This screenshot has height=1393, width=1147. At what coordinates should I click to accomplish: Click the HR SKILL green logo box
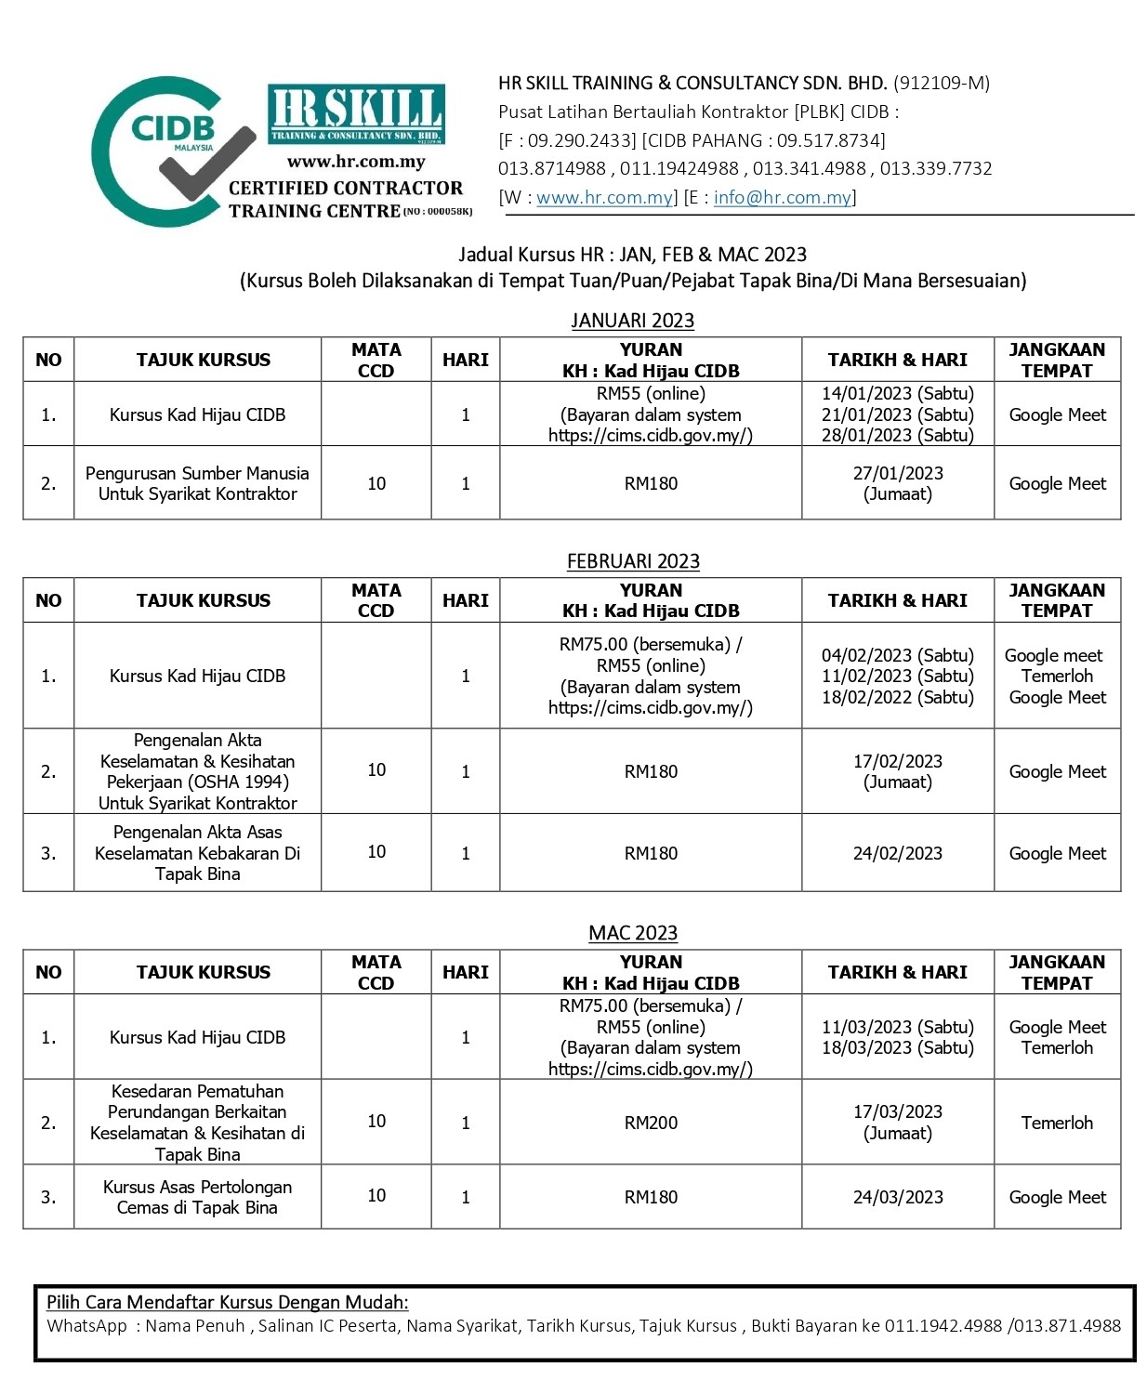click(x=356, y=113)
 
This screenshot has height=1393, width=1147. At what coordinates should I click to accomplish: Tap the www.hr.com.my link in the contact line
click(x=604, y=197)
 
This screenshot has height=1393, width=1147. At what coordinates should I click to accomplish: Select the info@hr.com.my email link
click(x=782, y=197)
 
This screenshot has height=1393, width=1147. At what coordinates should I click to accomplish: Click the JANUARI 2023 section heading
click(x=632, y=321)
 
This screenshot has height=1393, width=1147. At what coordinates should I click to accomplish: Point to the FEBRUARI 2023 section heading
click(x=632, y=561)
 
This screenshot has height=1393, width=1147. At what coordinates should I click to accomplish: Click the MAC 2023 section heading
click(x=632, y=933)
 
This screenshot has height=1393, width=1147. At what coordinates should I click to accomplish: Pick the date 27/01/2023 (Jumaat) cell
click(x=897, y=483)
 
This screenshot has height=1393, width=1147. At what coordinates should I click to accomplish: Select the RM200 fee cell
click(x=651, y=1123)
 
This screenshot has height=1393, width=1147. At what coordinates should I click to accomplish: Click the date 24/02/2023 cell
click(x=897, y=853)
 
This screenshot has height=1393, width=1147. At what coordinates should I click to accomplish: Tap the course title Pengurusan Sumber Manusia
click(x=197, y=483)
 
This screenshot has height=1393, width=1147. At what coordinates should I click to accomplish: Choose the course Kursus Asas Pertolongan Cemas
click(x=197, y=1197)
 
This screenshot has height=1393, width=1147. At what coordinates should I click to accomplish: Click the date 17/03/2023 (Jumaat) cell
click(x=897, y=1123)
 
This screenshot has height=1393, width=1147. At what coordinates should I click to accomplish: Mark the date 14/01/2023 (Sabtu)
click(x=897, y=393)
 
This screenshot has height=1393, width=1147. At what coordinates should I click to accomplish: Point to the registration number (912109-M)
click(x=941, y=83)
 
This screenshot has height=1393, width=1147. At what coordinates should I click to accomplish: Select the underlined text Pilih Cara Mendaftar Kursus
click(x=228, y=1302)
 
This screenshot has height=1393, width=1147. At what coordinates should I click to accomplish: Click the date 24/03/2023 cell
click(x=897, y=1197)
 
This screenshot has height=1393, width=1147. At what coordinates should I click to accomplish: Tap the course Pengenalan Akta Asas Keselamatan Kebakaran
click(x=197, y=853)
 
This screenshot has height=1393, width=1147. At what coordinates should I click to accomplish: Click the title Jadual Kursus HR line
click(x=632, y=255)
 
